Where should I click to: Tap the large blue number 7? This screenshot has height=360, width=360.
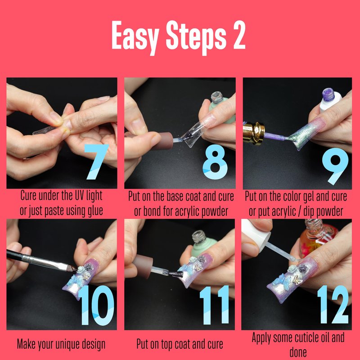(x=96, y=162)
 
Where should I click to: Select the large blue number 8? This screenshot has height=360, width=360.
(x=215, y=162)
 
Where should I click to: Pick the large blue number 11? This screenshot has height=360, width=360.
(x=215, y=305)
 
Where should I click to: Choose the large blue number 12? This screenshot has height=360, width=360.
(x=333, y=305)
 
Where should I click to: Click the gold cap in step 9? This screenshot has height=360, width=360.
(x=254, y=133)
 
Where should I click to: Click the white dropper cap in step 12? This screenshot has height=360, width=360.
(x=256, y=234)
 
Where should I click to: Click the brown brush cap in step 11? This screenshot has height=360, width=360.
(x=143, y=266)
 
